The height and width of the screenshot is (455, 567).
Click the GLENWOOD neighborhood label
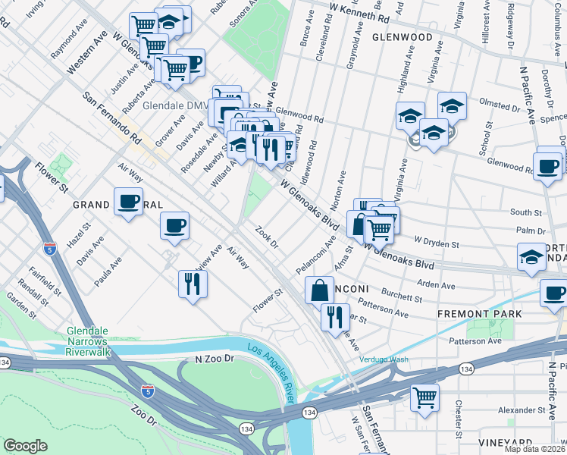[x=402, y=36]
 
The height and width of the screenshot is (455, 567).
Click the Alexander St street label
[x=524, y=409]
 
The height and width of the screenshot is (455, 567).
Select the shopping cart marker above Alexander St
[x=425, y=396]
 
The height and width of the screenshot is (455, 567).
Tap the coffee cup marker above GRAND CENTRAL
[x=127, y=202]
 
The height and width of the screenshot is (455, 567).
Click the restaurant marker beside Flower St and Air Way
[x=193, y=284]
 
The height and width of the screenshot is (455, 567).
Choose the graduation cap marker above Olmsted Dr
[x=452, y=105]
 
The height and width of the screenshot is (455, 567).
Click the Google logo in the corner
[x=25, y=446]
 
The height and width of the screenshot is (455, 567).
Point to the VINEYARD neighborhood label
[x=505, y=442]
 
